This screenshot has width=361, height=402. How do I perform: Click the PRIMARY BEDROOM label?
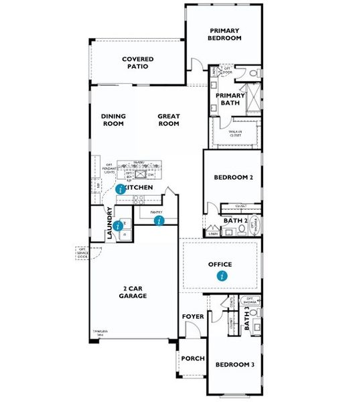coord(224,34)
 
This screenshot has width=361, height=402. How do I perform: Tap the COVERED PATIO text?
coord(139,63)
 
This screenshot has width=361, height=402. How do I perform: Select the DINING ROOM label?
coord(113,120)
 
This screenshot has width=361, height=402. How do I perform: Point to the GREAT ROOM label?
coord(169,120)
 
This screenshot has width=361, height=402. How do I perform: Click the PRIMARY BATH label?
coord(230,99)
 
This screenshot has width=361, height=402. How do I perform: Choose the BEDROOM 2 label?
coord(232,178)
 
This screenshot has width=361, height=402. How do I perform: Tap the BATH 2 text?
coord(236,220)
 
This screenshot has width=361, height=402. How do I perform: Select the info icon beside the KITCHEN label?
coord(120,190)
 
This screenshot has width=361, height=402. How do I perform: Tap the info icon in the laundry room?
coord(118,226)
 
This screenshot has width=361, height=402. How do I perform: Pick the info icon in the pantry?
coord(159,220)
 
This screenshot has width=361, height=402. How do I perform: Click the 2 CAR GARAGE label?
coord(133,292)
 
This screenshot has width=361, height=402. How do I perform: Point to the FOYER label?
coord(192,316)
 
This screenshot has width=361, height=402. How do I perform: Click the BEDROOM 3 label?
coord(234,364)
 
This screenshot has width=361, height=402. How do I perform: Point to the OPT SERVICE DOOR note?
coord(82,253)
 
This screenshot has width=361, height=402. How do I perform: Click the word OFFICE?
coord(220,264)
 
